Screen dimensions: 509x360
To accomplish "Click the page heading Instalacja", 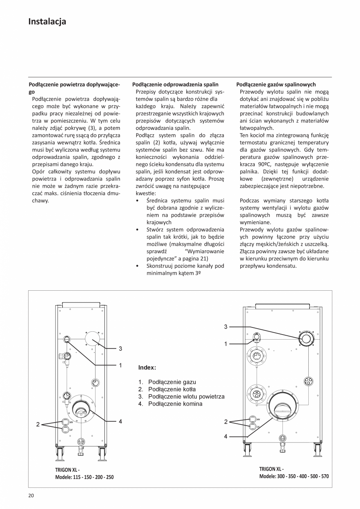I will point(47,22).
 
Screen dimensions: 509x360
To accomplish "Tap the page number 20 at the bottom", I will point(31,496).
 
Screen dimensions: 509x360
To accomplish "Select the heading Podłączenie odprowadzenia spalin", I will point(175,84).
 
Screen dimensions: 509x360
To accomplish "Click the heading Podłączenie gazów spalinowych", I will point(276,84).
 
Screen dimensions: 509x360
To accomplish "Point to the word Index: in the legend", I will point(147,368).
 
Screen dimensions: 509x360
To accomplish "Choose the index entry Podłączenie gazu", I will point(172,382).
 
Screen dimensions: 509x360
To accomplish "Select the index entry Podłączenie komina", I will point(175,403).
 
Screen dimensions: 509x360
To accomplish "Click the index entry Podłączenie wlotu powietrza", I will point(186,396).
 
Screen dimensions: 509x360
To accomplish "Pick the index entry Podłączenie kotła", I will point(172,389).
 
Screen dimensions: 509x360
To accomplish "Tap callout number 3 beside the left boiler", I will point(121,348).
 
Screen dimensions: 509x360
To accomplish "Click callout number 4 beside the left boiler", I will point(121,421).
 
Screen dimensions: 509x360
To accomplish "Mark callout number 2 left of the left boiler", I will point(38,424).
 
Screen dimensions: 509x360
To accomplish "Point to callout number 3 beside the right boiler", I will point(226,326).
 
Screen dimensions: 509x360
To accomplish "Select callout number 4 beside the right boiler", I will point(226,436).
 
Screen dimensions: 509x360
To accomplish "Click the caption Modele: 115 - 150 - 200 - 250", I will point(85,477).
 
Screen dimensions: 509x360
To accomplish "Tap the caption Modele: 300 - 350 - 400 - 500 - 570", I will point(294,476).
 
